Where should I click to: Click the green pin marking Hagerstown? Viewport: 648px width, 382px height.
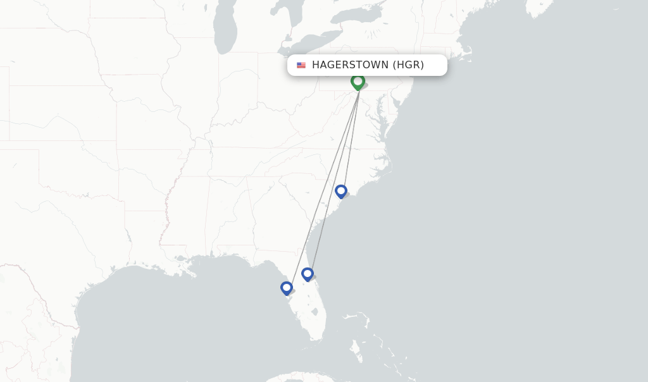pyautogui.click(x=358, y=82)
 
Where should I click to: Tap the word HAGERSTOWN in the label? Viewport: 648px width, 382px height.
pyautogui.click(x=350, y=65)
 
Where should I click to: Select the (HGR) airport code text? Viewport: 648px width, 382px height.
pyautogui.click(x=408, y=65)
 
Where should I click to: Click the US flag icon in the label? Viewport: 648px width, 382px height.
pyautogui.click(x=301, y=65)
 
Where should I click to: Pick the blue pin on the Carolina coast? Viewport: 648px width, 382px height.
pyautogui.click(x=341, y=190)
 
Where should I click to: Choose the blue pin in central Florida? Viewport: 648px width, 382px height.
pyautogui.click(x=308, y=274)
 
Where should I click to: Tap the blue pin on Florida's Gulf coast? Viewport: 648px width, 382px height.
pyautogui.click(x=287, y=288)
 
